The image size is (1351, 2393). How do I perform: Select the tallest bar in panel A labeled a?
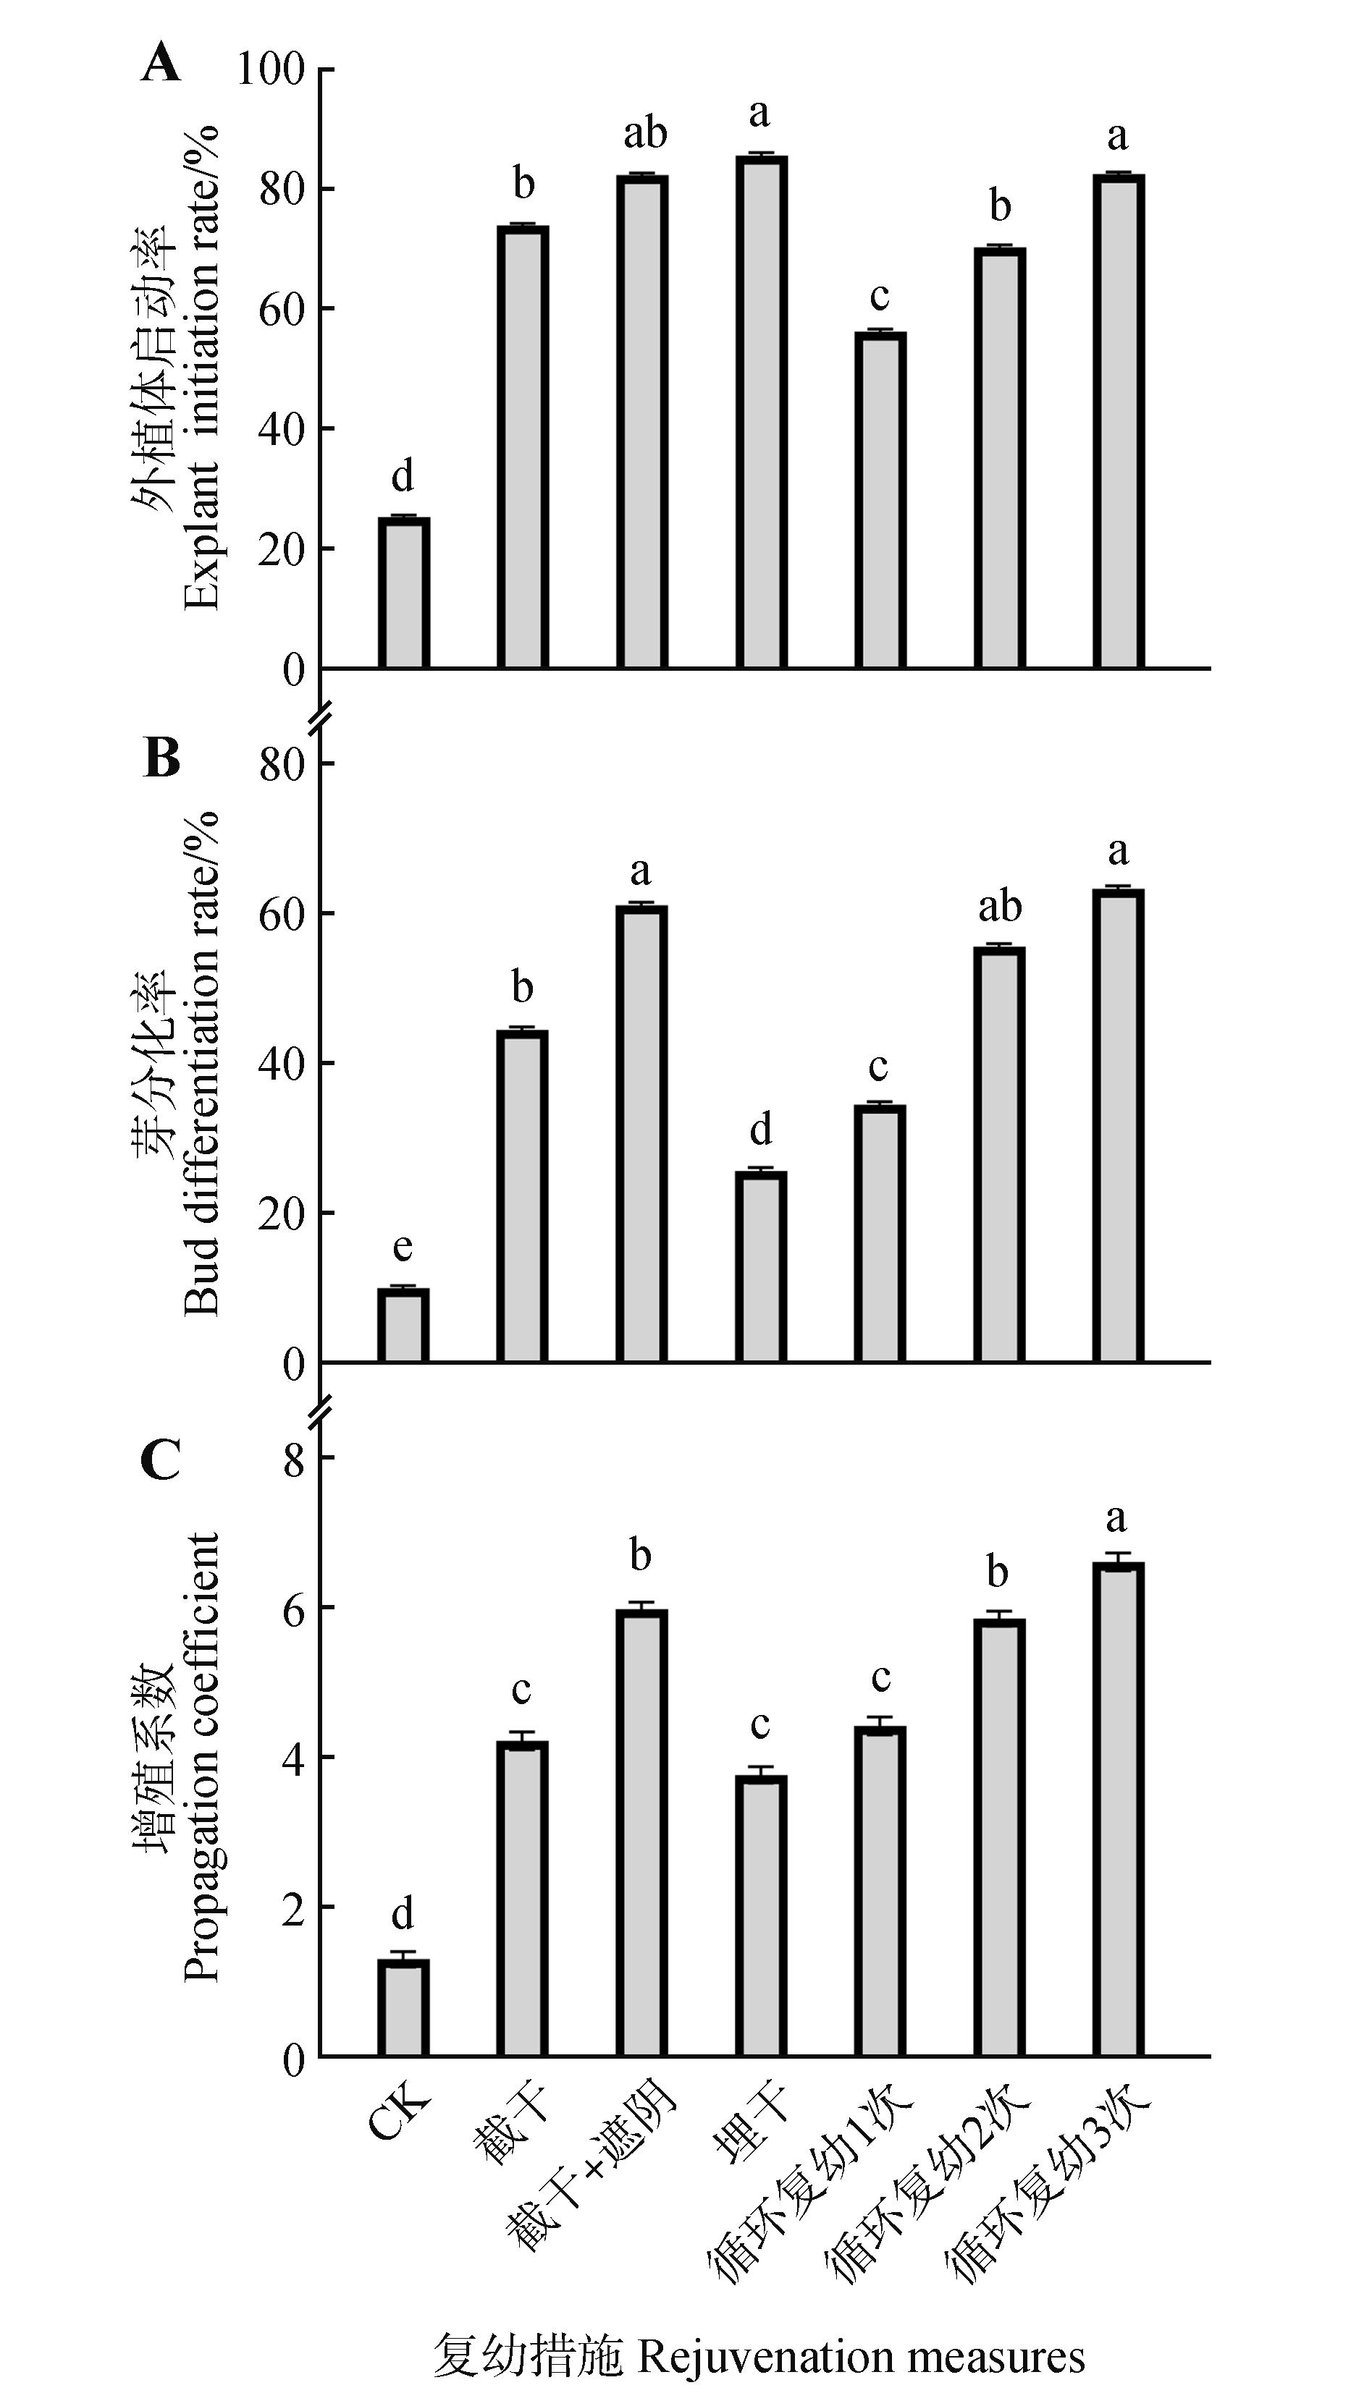pyautogui.click(x=761, y=412)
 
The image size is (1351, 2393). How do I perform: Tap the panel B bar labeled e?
pyautogui.click(x=403, y=1326)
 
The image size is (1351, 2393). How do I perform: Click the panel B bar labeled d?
pyautogui.click(x=761, y=1267)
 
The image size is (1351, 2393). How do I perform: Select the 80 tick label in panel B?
pyautogui.click(x=282, y=765)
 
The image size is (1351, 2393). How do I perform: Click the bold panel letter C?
pyautogui.click(x=161, y=1460)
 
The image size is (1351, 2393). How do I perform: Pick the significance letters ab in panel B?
pyautogui.click(x=1000, y=906)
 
